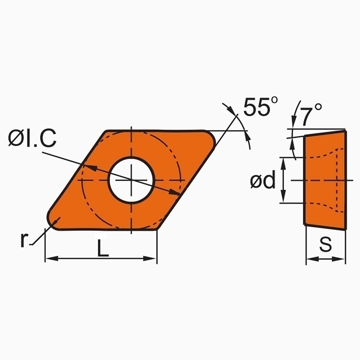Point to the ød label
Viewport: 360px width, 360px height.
263,181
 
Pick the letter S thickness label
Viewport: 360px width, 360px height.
325,245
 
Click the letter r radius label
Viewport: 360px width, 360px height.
24,240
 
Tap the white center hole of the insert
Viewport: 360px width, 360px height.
132,180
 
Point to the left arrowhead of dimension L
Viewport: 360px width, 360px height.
48,258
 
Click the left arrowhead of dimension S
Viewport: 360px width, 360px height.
309,259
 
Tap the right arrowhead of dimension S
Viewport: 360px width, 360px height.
341,259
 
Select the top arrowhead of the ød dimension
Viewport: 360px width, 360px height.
282,160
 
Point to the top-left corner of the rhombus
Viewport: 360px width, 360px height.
106,132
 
